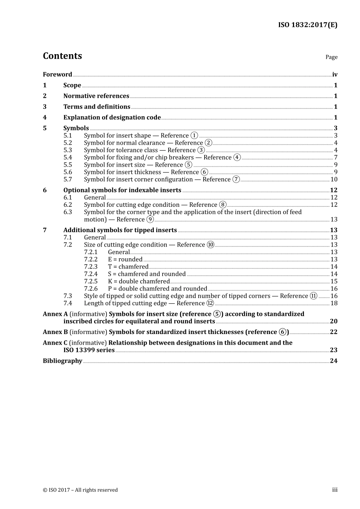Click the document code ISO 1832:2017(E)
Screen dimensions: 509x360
click(307, 25)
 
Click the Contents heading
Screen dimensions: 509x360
click(62, 56)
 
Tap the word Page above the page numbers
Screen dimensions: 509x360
click(331, 57)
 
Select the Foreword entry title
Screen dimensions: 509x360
click(57, 74)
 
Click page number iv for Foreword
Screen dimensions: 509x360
click(335, 75)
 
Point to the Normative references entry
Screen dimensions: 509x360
click(96, 96)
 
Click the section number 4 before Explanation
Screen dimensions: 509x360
click(45, 117)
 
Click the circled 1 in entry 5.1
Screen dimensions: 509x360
click(194, 136)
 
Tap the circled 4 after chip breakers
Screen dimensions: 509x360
click(237, 157)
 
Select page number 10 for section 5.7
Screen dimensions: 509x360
click(333, 179)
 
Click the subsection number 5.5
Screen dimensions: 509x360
click(67, 165)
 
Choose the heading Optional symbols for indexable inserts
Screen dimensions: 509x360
click(122, 190)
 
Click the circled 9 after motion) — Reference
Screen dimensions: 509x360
click(150, 220)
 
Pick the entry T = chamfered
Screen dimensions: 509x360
click(128, 267)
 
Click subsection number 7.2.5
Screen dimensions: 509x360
click(91, 281)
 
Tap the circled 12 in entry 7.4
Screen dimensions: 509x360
click(210, 303)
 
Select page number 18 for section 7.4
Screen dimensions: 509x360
click(334, 303)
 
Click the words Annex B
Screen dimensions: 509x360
click(55, 332)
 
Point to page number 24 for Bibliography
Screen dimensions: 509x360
click(333, 361)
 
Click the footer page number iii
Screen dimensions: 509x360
click(335, 490)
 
